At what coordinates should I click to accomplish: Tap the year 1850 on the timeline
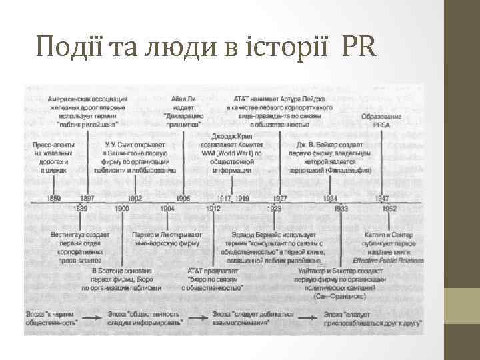coord(54,198)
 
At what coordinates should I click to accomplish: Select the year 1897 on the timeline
coord(87,198)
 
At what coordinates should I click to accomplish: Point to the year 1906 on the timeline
coord(183,198)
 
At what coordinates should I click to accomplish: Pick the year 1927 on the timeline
coord(280,198)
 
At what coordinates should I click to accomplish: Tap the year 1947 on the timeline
coord(382,198)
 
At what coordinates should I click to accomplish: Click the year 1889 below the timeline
coord(81,209)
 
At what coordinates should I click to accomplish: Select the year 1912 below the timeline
coord(213,209)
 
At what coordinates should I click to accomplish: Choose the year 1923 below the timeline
coord(275,209)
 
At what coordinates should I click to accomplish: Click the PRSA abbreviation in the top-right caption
coord(381,124)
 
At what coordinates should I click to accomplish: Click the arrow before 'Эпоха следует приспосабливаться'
coord(309,314)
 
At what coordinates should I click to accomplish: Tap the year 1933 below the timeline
coord(341,209)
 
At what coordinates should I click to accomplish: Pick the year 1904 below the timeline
coord(167,209)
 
